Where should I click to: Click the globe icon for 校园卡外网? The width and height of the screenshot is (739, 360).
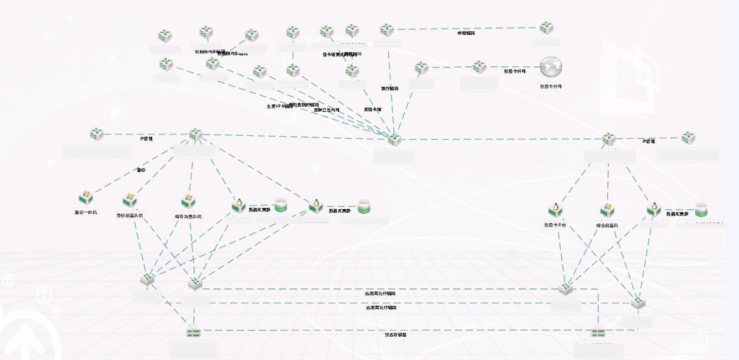(x=550, y=67)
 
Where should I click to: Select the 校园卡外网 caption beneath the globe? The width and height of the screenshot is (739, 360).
(x=551, y=86)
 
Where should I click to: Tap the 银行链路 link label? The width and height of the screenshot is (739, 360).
(x=390, y=89)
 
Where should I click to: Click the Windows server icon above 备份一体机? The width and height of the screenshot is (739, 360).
(x=86, y=197)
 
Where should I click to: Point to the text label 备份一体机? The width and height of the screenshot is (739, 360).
(x=86, y=213)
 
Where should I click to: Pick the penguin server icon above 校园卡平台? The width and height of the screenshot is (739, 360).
(x=555, y=210)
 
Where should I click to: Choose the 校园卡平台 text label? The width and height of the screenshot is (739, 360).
(x=555, y=225)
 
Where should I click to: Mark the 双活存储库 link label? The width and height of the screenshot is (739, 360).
(x=395, y=334)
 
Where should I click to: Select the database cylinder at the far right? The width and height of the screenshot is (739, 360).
(x=701, y=210)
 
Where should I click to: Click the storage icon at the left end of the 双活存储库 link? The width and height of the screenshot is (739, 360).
(x=193, y=333)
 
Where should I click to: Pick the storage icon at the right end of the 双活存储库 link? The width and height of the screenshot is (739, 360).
(x=598, y=333)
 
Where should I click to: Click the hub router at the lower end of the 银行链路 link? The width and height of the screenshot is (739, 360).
(x=395, y=139)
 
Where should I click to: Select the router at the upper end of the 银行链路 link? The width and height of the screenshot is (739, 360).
(x=387, y=30)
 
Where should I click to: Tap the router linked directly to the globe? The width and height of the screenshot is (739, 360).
(x=479, y=66)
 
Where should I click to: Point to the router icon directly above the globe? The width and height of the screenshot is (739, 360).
(x=546, y=27)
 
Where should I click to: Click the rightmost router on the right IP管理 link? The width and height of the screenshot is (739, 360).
(x=688, y=138)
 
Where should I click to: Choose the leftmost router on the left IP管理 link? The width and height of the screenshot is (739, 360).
(x=97, y=134)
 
